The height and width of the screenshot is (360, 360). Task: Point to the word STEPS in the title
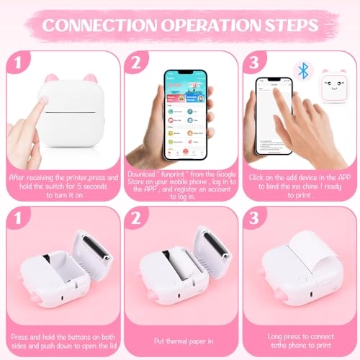290,24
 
